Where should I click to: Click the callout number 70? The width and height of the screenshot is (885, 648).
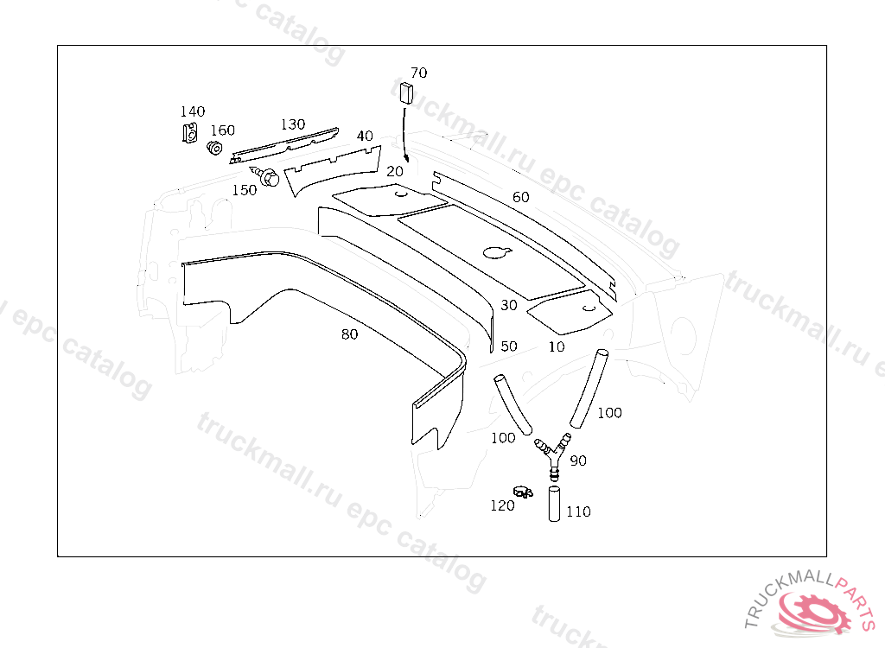(419, 73)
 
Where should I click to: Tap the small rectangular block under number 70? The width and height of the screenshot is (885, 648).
(406, 93)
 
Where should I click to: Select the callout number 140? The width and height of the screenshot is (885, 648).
(193, 111)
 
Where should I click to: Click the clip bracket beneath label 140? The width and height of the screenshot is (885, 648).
(190, 133)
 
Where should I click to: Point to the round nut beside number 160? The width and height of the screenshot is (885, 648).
(214, 148)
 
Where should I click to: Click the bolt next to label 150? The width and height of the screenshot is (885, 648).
(265, 175)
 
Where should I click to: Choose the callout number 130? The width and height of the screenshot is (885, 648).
(293, 124)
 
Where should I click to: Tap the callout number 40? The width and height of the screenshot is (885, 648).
(365, 136)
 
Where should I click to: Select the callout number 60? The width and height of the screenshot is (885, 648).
(521, 197)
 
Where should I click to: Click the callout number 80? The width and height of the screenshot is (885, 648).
(349, 334)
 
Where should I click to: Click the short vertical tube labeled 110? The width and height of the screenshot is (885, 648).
(554, 504)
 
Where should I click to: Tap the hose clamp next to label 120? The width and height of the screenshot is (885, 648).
(523, 492)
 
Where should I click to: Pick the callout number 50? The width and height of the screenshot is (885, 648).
(509, 346)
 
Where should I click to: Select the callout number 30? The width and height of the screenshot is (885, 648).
(509, 305)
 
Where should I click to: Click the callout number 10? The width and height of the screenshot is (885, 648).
(557, 346)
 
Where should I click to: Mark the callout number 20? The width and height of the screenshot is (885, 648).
(395, 171)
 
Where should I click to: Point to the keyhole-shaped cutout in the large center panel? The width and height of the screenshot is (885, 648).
(497, 251)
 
